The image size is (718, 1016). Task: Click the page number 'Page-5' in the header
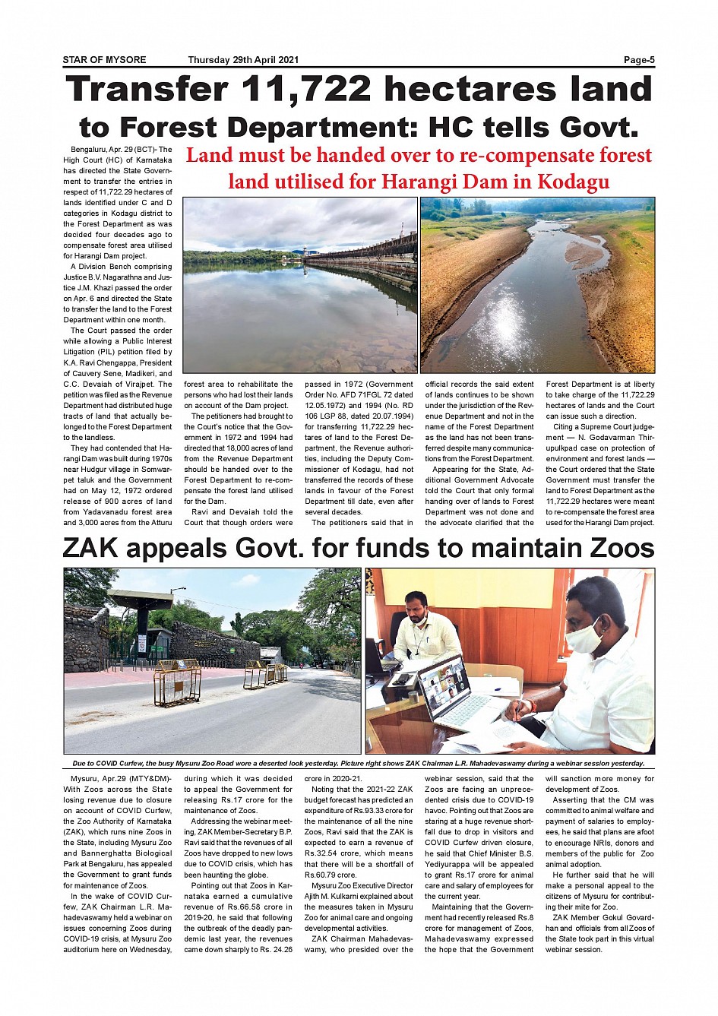pos(639,60)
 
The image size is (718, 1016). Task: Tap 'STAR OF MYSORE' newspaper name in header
pos(104,60)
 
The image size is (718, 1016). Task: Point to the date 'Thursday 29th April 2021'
pos(243,60)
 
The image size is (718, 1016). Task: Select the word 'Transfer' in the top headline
pos(147,90)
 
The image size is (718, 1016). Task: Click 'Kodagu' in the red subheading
pos(573,182)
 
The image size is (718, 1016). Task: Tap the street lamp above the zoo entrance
pos(178,590)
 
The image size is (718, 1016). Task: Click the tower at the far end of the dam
pos(304,252)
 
